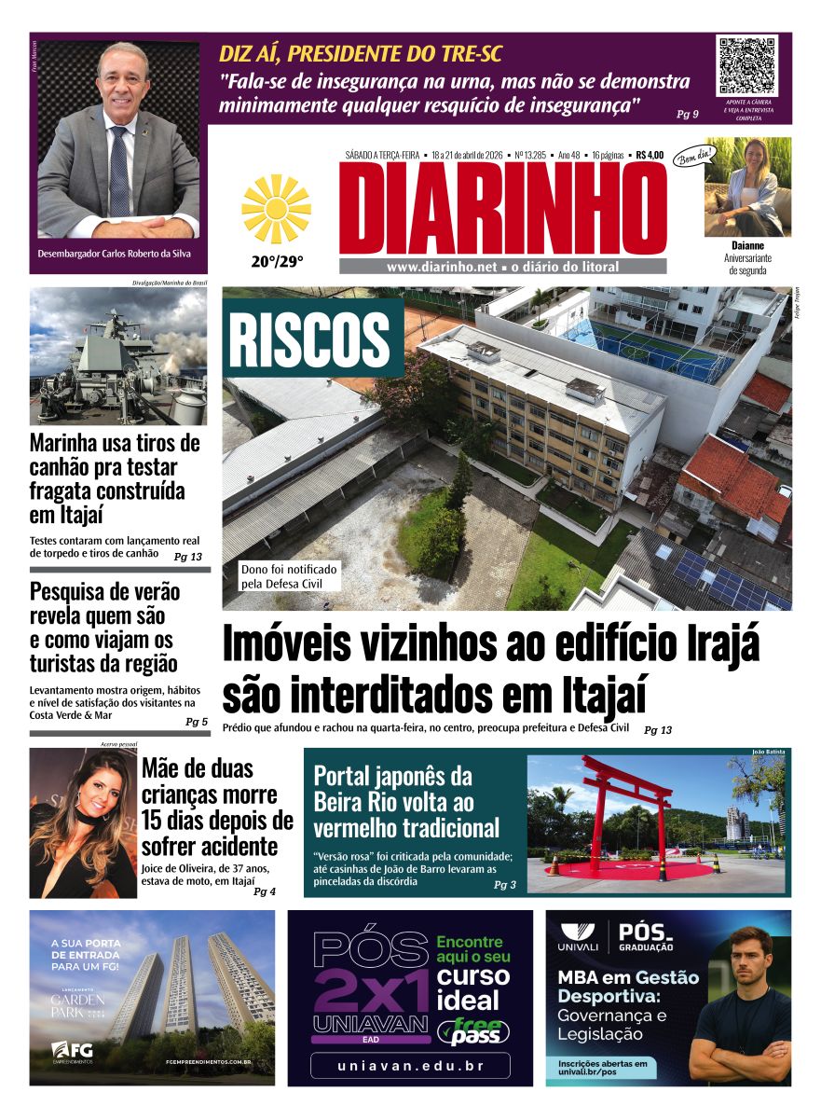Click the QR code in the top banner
(746, 65)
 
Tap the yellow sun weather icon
(276, 209)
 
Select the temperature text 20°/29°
(277, 262)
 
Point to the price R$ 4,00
(650, 155)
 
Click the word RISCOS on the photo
(309, 339)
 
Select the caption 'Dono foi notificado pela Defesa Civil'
(290, 576)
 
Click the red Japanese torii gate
(626, 812)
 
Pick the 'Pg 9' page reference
(688, 114)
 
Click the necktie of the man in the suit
(119, 173)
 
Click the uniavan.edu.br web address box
(410, 1065)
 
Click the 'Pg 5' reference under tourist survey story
(197, 722)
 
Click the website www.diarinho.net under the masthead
(442, 267)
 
